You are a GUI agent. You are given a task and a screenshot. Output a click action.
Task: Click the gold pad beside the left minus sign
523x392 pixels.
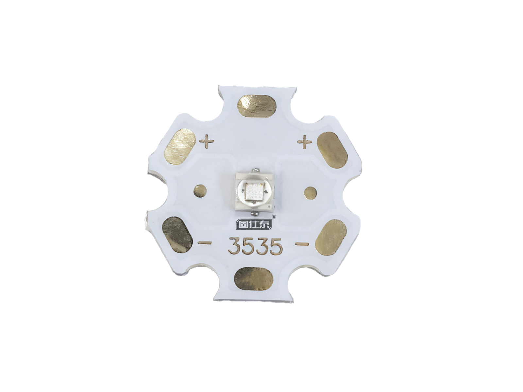coord(177,235)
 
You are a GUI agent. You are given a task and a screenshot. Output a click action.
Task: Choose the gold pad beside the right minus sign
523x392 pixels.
coord(331,238)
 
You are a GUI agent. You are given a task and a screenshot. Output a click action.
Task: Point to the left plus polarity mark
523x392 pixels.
coord(206,141)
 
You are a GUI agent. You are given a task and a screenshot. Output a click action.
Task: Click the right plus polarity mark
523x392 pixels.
coord(305,142)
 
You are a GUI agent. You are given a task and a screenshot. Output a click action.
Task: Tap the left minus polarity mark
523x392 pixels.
coord(205,243)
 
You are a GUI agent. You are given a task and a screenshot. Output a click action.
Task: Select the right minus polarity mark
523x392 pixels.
coord(302,244)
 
